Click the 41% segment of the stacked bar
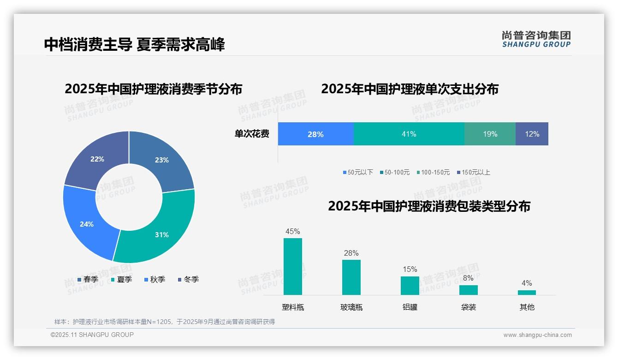[x=409, y=134]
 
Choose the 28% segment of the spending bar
[x=315, y=134]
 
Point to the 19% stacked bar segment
[x=490, y=134]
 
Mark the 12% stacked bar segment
[x=532, y=134]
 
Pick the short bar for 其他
[x=527, y=292]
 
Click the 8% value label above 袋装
[x=468, y=278]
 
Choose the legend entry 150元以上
[x=473, y=172]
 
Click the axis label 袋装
[x=468, y=307]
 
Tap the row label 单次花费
[x=252, y=134]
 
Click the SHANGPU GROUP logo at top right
[x=536, y=39]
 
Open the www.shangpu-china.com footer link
[x=537, y=335]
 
